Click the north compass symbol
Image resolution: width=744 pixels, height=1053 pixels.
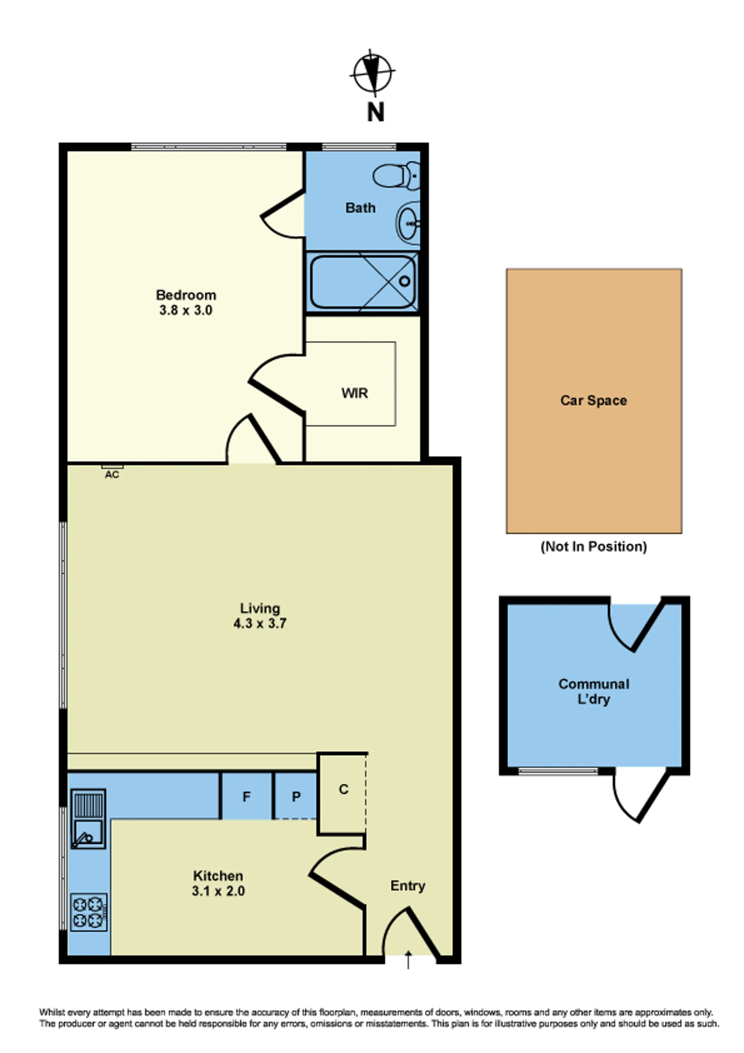(372, 73)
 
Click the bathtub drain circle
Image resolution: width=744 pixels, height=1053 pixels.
(405, 281)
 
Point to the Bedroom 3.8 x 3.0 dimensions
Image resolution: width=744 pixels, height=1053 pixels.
(186, 310)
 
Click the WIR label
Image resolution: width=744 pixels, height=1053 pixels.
(355, 393)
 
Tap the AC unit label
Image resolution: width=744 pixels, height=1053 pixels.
(112, 475)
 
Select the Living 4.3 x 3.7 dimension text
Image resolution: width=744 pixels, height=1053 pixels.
(260, 623)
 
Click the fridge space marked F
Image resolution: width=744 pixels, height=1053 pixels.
(247, 797)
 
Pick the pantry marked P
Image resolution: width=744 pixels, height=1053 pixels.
(296, 797)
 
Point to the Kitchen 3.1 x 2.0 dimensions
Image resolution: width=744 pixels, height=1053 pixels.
(218, 891)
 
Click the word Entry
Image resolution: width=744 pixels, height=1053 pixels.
(408, 886)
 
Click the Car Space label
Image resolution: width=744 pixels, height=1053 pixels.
(594, 400)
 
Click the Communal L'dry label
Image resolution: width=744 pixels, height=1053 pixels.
(594, 692)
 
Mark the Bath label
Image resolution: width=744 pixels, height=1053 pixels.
(360, 208)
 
